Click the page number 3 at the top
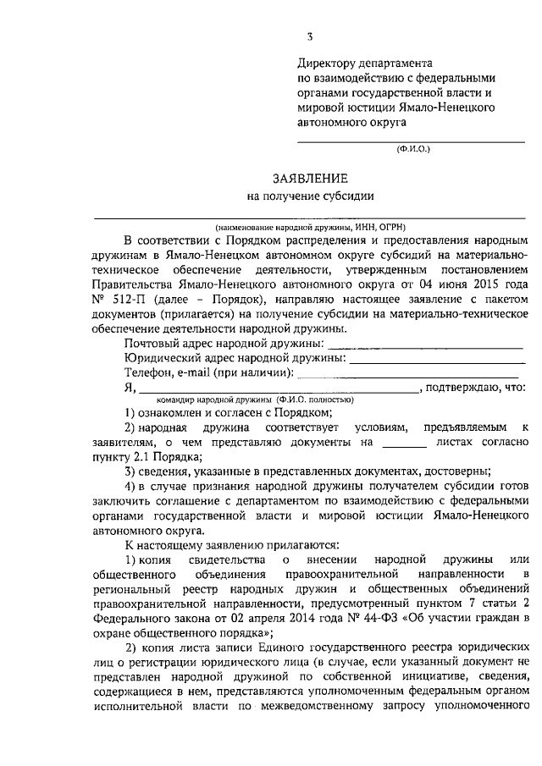point(310,36)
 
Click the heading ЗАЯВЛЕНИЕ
point(310,179)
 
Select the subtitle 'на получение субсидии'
point(310,197)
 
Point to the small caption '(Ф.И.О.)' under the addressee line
point(414,149)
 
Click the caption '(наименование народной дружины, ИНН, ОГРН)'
point(310,227)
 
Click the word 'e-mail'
point(193,373)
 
